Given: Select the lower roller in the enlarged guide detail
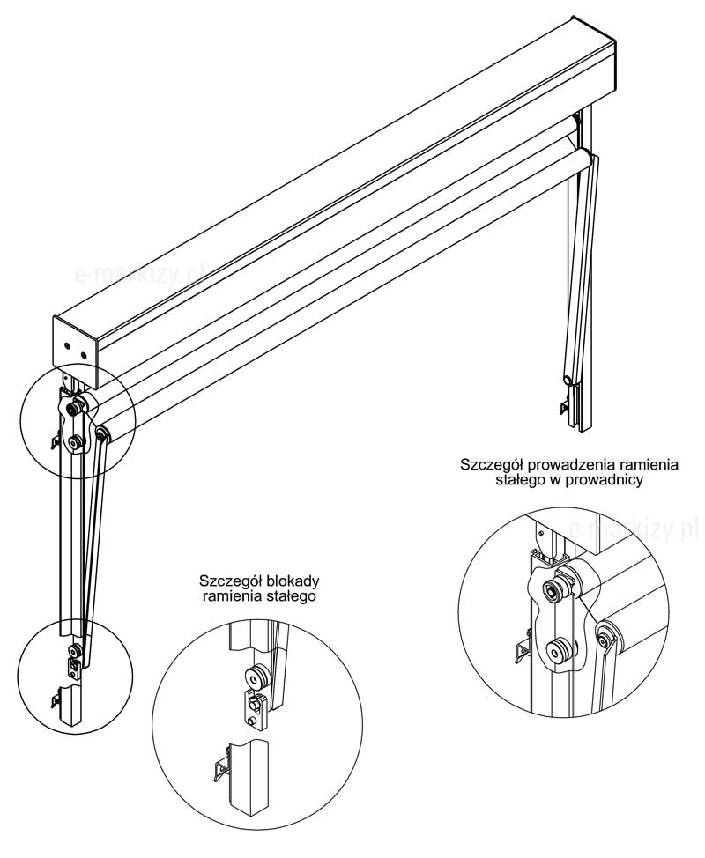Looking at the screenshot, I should tap(557, 652).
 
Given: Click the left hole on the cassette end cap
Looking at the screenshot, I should tap(67, 346).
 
